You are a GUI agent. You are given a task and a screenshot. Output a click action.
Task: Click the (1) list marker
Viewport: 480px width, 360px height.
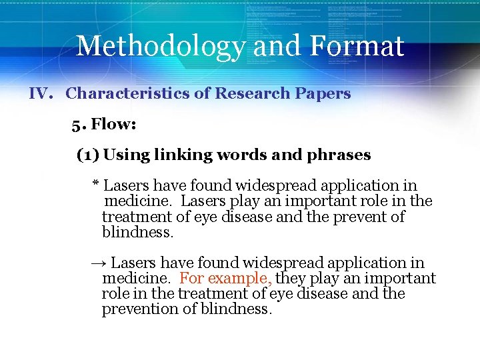(88, 155)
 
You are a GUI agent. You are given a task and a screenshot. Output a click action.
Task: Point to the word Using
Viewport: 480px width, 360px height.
(127, 155)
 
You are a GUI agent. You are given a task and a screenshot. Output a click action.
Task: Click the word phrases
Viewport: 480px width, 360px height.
(339, 155)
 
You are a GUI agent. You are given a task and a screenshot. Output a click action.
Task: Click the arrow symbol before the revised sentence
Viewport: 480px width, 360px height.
(98, 263)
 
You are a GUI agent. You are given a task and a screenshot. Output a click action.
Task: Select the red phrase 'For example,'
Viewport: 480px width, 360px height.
(225, 279)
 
